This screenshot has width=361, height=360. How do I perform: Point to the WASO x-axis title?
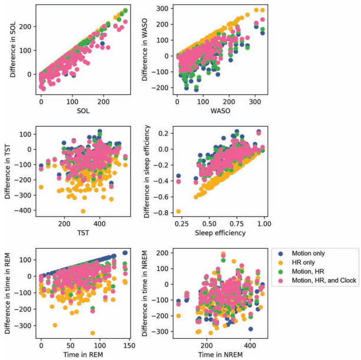215,113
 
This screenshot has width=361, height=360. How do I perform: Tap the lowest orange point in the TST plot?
83,211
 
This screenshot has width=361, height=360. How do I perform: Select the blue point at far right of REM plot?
125,253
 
